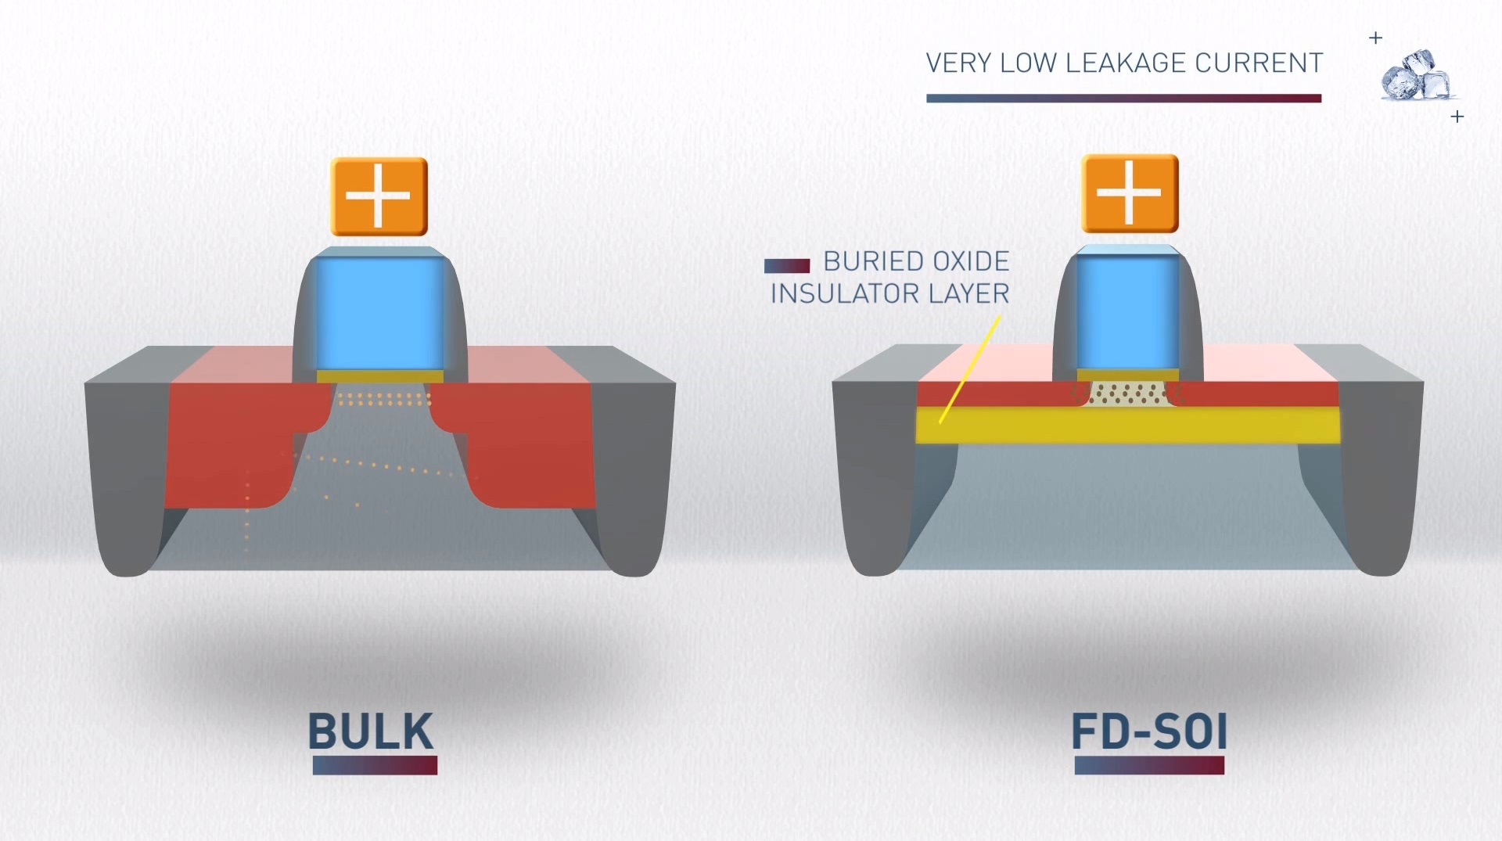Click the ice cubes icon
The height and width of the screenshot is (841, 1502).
pyautogui.click(x=1416, y=76)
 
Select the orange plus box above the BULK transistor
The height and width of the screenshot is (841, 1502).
pyautogui.click(x=379, y=196)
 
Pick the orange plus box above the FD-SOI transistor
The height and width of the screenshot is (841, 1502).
pyautogui.click(x=1129, y=193)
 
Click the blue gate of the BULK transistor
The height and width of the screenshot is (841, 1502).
pyautogui.click(x=379, y=313)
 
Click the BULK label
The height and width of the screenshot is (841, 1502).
pyautogui.click(x=371, y=731)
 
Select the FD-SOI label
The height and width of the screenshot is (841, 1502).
pyautogui.click(x=1148, y=732)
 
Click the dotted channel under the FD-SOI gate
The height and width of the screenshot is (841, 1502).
pyautogui.click(x=1127, y=394)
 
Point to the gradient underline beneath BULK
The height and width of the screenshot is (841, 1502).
pyautogui.click(x=375, y=765)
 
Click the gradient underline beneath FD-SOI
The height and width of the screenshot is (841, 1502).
pyautogui.click(x=1148, y=765)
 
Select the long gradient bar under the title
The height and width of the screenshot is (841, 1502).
pyautogui.click(x=1123, y=99)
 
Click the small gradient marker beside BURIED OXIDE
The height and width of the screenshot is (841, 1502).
pyautogui.click(x=786, y=266)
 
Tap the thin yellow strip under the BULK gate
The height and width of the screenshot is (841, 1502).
pyautogui.click(x=379, y=376)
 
